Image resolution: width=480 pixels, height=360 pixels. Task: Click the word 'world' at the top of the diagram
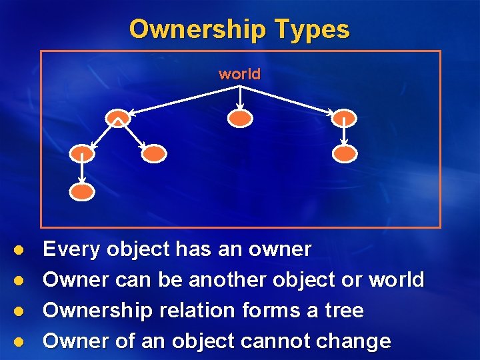click(x=239, y=74)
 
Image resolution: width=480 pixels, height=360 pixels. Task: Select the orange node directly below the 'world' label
click(x=240, y=119)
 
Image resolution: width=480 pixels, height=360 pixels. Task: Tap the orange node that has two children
click(x=118, y=118)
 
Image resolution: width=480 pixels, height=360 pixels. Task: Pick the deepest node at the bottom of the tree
click(x=83, y=191)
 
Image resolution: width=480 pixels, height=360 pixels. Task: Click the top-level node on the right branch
click(x=344, y=118)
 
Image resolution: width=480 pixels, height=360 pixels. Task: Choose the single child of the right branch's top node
click(x=345, y=154)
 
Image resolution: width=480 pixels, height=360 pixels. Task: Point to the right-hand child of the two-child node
click(x=153, y=154)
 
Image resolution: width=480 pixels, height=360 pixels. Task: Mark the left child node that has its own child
click(x=83, y=154)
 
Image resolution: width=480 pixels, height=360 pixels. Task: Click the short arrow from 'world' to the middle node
click(x=240, y=96)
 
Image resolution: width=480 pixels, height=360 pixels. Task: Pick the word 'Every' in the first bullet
click(x=72, y=250)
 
